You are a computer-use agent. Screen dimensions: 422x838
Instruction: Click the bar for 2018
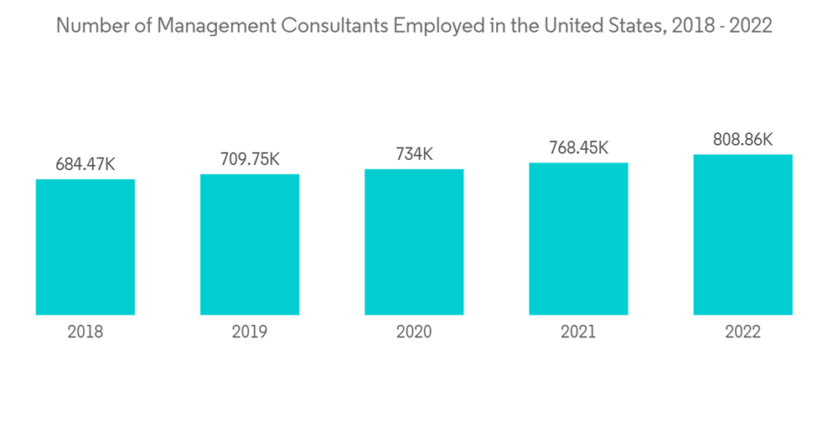tap(85, 247)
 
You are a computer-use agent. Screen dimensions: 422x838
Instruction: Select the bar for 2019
tap(250, 244)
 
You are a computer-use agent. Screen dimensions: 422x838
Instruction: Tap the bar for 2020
tap(414, 242)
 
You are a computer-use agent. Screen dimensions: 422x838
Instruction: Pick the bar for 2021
tap(578, 239)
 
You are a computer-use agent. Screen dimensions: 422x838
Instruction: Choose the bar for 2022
tap(742, 234)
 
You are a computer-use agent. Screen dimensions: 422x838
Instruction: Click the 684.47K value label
tap(85, 165)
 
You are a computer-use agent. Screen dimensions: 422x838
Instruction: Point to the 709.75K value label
tap(250, 160)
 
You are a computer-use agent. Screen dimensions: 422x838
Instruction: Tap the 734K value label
tap(414, 155)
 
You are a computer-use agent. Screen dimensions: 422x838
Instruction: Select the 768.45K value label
tap(578, 148)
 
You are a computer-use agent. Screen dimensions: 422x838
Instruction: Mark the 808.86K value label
tap(742, 140)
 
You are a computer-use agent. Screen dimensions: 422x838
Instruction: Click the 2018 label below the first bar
tap(85, 332)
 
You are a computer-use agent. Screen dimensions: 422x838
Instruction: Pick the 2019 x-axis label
tap(250, 332)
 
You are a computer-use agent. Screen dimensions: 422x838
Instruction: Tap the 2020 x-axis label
tap(414, 332)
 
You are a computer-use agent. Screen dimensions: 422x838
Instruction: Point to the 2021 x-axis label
tap(578, 332)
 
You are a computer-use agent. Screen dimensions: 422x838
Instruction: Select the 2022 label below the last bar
tap(742, 332)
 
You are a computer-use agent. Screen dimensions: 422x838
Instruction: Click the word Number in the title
tap(86, 26)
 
